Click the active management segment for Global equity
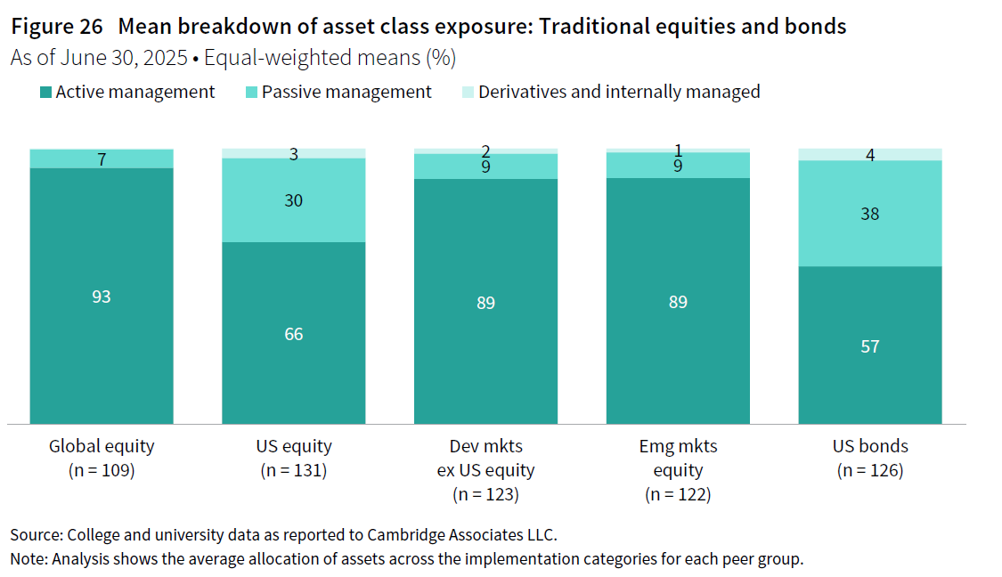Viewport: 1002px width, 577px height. pos(102,356)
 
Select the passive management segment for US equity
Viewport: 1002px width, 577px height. pos(294,223)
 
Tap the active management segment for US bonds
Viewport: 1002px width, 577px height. pos(870,383)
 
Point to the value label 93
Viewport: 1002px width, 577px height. pos(102,297)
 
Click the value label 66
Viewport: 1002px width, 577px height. pos(294,334)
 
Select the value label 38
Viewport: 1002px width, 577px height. pos(870,214)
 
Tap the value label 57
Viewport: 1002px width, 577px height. pos(870,346)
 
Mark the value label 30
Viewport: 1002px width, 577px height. pos(294,200)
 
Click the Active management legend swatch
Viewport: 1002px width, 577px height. pos(46,93)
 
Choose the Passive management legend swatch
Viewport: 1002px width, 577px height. pos(252,93)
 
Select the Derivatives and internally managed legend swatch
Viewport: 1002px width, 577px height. pos(468,93)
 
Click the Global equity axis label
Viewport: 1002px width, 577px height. pos(102,446)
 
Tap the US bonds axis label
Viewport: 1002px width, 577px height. pos(870,446)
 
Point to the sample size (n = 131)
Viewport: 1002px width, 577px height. pos(294,470)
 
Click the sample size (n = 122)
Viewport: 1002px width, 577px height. pos(678,494)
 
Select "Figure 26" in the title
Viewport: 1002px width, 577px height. pos(56,27)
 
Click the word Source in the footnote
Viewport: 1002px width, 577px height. pos(33,535)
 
